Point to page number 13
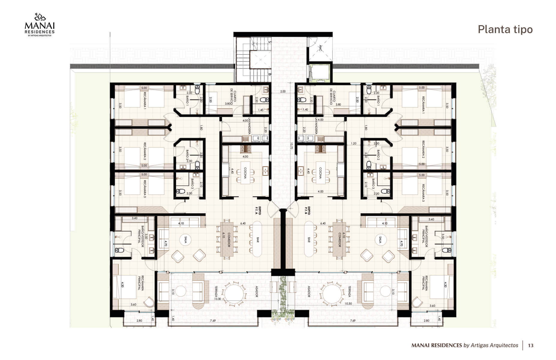coord(531,345)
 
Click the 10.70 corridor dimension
coord(291,146)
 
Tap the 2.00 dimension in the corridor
coord(283,91)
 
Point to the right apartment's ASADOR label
coord(309,291)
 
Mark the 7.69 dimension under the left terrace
coord(213,321)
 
